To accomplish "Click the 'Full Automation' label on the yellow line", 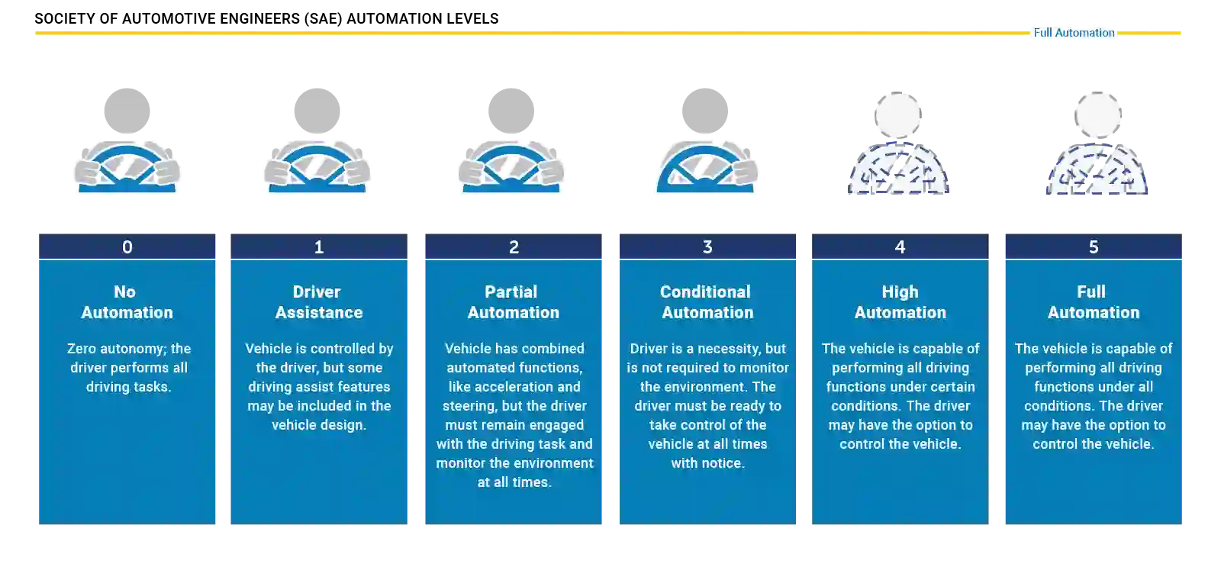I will [1074, 33].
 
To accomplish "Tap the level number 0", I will [127, 247].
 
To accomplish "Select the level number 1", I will [319, 247].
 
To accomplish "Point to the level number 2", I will [514, 247].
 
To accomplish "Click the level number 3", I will [707, 247].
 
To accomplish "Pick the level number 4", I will [900, 247].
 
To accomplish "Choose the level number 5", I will [1094, 247].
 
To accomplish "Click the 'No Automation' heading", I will [127, 302].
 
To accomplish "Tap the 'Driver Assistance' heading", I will [318, 302].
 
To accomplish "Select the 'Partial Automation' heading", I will [513, 302].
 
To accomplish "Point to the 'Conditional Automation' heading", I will [707, 302].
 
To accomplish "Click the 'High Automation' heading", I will [900, 302].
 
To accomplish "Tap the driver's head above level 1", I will [317, 109].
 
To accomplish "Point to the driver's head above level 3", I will [705, 109].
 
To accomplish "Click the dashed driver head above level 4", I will [897, 115].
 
